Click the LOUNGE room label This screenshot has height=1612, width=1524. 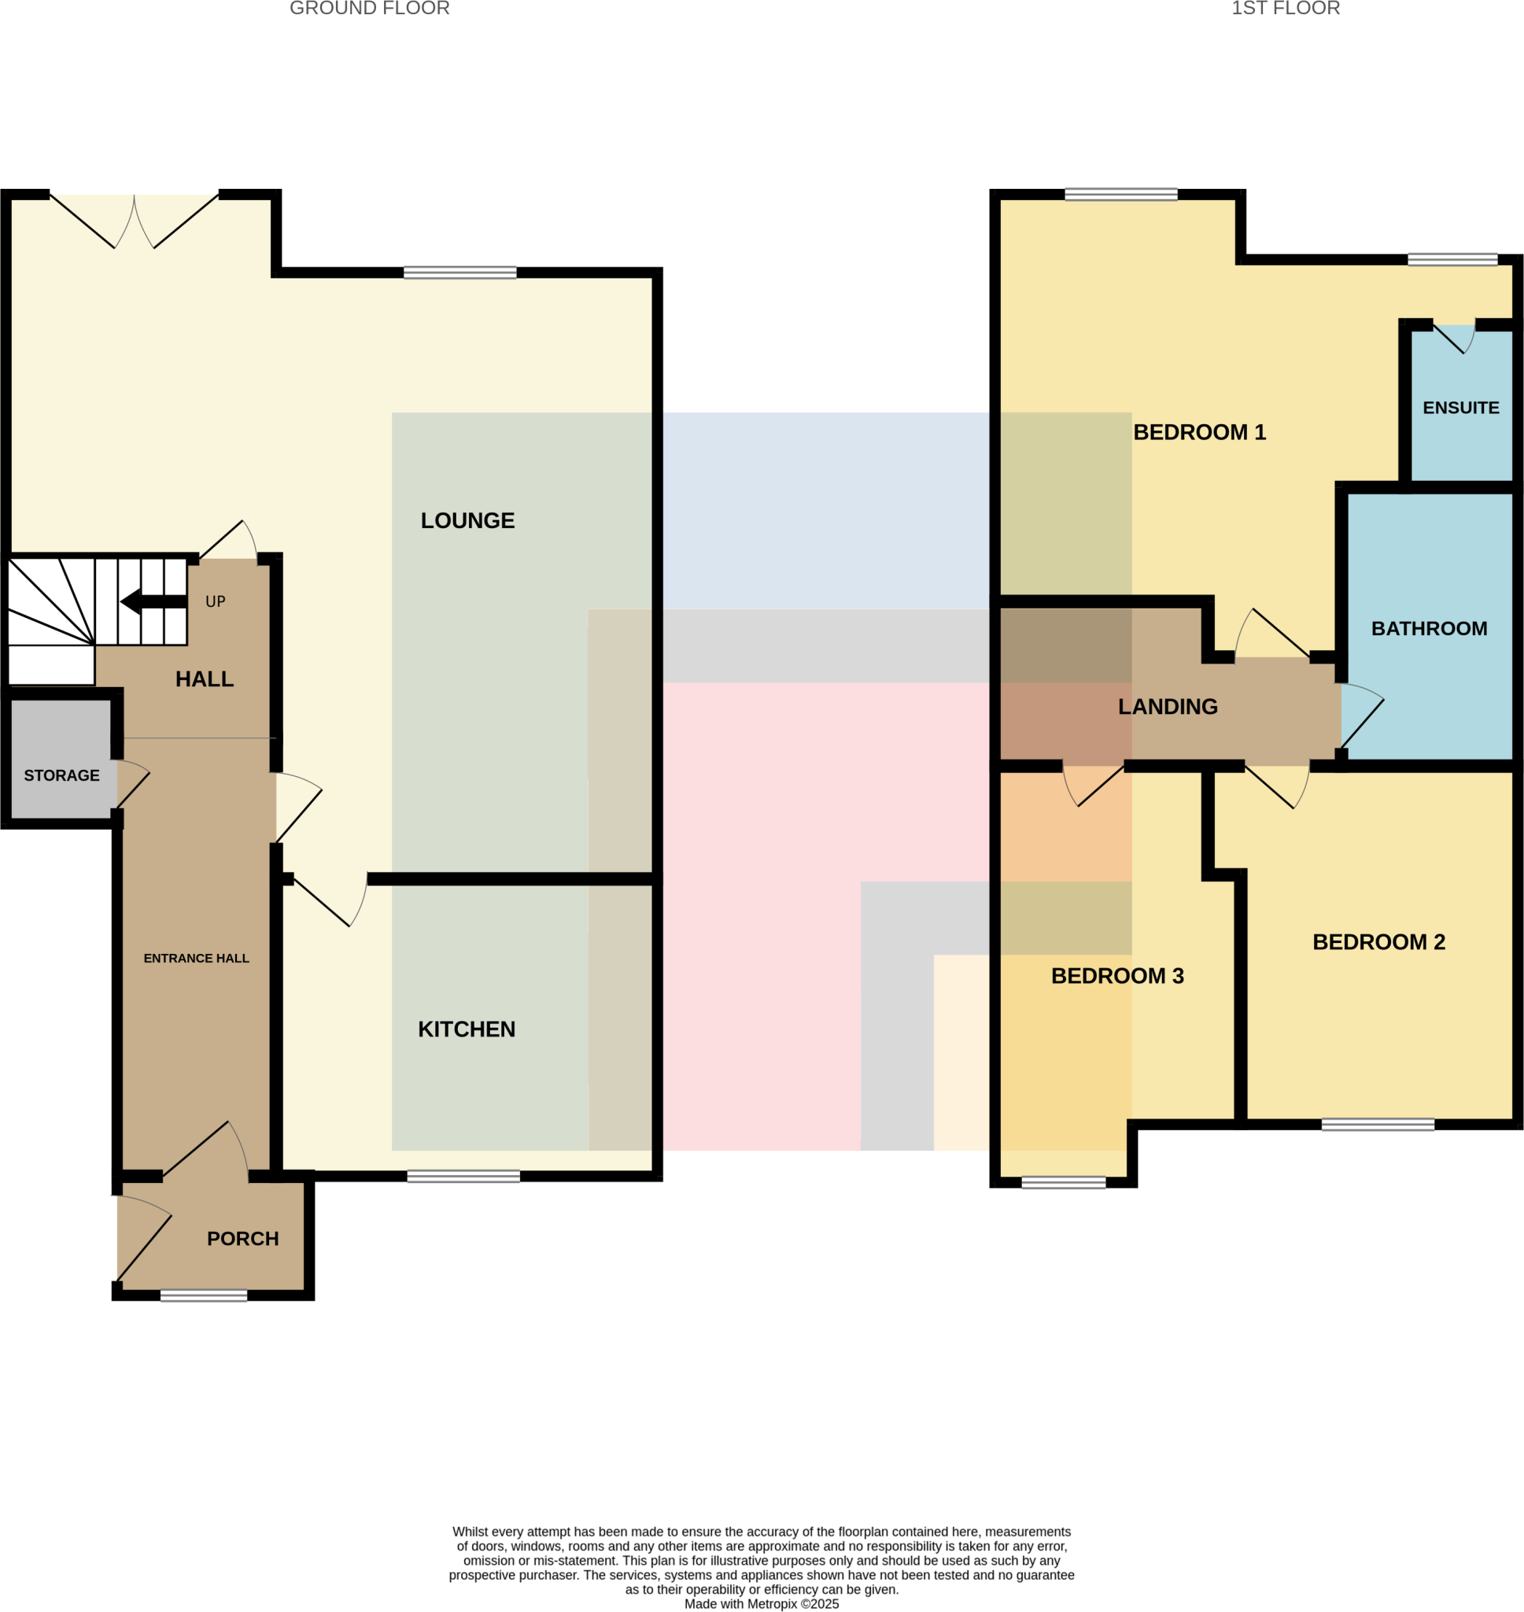467,521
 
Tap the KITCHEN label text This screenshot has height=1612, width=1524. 467,1030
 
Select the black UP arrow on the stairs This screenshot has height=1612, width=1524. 153,601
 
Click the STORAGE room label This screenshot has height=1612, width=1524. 61,775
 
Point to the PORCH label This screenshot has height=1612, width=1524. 243,1238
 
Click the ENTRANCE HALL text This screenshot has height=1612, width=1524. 197,958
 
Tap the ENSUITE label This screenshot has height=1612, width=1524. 1460,408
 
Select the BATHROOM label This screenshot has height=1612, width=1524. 1429,628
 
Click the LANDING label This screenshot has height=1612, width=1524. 1168,707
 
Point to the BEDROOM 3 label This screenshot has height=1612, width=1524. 1117,976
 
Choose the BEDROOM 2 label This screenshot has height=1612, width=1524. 1378,941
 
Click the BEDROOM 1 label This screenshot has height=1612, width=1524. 1199,432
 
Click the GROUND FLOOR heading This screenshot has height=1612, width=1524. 370,9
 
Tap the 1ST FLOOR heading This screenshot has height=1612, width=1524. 1285,9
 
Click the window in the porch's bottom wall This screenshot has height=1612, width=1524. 204,1295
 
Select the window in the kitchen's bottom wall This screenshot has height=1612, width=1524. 463,1177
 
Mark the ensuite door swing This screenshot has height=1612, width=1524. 1458,338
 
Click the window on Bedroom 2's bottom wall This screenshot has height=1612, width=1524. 1378,1125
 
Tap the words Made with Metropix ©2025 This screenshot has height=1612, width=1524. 761,1604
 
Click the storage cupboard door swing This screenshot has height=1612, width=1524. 133,783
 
